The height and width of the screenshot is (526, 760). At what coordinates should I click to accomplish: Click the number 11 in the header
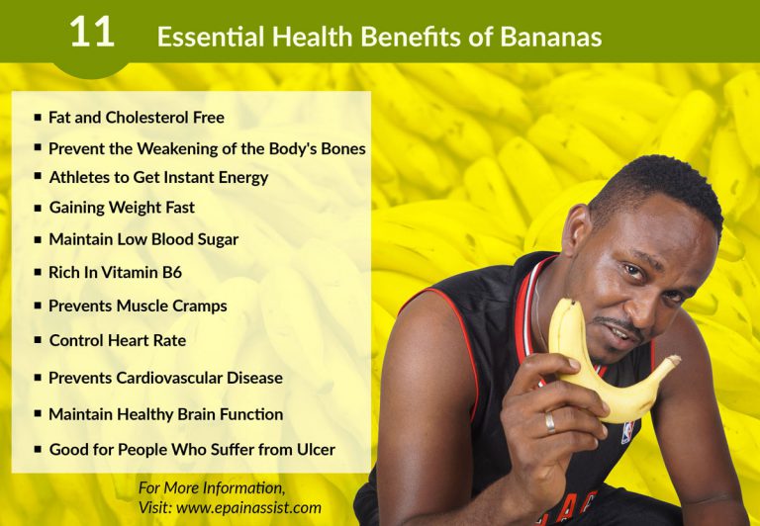[x=92, y=33]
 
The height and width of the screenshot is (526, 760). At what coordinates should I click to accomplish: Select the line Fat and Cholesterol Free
[x=137, y=118]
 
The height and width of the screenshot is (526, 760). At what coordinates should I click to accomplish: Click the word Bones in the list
[x=342, y=149]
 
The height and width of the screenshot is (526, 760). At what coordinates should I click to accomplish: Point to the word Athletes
[x=79, y=178]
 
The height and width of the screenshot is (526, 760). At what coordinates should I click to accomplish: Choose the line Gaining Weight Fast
[x=122, y=208]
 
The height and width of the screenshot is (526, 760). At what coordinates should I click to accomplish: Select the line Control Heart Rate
[x=117, y=340]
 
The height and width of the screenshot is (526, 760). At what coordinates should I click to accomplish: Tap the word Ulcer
[x=315, y=450]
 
